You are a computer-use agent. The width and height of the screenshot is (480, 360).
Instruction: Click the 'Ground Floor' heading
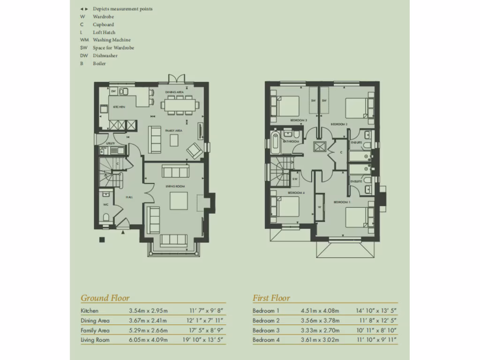(x=105, y=298)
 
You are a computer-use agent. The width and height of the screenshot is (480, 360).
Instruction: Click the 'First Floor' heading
(x=271, y=298)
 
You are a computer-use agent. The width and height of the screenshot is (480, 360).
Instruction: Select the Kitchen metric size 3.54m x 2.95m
(x=148, y=311)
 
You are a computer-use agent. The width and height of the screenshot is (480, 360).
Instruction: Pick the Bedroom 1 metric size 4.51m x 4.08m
(x=320, y=311)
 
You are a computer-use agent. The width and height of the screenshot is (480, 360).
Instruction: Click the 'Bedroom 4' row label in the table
(x=266, y=340)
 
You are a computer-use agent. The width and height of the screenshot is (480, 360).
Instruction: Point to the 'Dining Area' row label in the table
(x=95, y=321)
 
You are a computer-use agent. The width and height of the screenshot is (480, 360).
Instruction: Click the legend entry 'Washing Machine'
(x=112, y=40)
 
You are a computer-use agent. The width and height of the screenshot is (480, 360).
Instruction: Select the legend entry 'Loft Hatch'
(x=104, y=32)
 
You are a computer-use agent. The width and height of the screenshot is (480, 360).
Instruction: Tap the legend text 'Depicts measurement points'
(x=122, y=9)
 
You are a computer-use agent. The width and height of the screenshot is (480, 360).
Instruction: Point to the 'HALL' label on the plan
(x=129, y=197)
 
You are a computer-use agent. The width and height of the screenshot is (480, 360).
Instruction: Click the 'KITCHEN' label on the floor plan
(x=119, y=107)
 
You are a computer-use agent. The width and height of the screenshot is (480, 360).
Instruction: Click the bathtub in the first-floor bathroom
(x=275, y=143)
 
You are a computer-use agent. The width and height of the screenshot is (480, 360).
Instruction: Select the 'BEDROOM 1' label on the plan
(x=342, y=202)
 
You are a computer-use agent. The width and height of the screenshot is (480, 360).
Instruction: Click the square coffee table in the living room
(x=179, y=201)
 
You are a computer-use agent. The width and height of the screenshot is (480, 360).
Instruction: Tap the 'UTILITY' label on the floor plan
(x=110, y=143)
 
